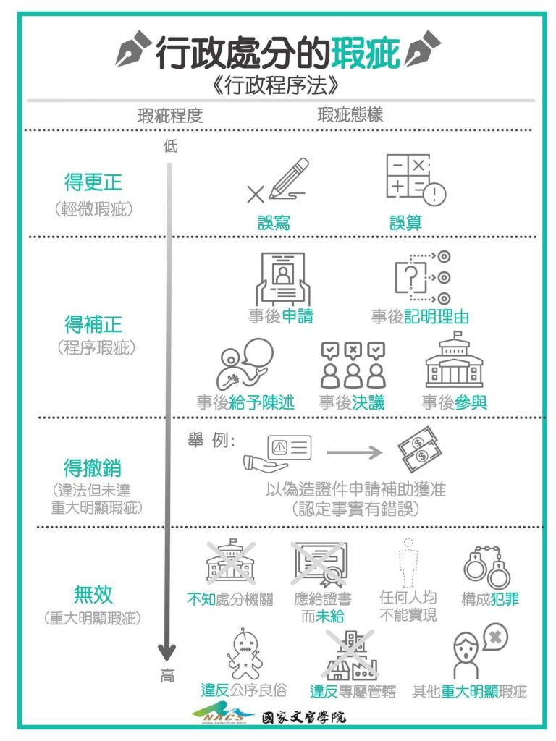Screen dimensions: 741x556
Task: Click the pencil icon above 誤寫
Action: click(x=277, y=181)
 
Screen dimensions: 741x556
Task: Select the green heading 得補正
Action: click(x=93, y=323)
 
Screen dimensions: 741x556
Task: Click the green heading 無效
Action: click(x=93, y=595)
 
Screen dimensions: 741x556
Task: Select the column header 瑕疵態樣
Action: click(x=350, y=115)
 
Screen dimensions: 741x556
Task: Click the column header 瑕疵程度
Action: click(x=170, y=115)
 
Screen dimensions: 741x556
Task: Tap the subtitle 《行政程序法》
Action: click(x=278, y=85)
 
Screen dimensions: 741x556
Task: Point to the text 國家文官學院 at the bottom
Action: click(x=304, y=716)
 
